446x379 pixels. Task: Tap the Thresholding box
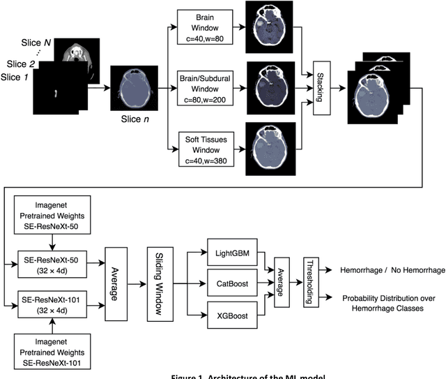click(308, 283)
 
